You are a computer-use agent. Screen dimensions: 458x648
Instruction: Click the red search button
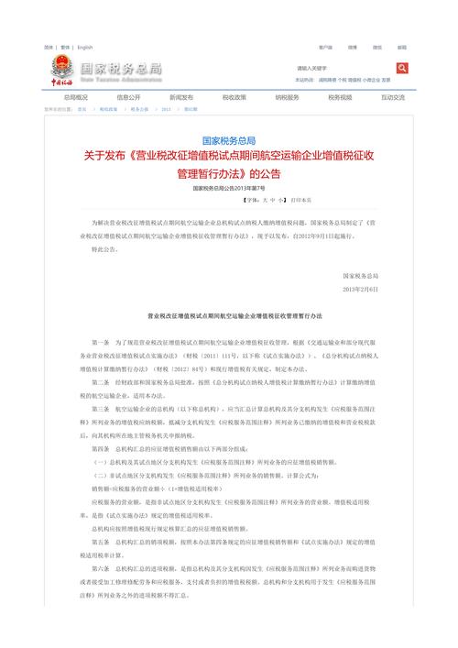(x=402, y=68)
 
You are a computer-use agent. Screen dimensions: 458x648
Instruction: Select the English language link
(x=85, y=47)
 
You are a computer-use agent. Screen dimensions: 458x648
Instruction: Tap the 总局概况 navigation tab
(x=76, y=96)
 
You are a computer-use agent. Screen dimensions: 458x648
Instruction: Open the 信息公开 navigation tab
(x=128, y=96)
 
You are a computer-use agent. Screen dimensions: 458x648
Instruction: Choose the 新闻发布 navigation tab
(x=181, y=96)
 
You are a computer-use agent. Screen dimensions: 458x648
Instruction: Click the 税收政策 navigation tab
(x=234, y=96)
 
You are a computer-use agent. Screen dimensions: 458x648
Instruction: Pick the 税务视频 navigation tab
(x=340, y=96)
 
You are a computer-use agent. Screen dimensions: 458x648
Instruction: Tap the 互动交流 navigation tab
(x=393, y=96)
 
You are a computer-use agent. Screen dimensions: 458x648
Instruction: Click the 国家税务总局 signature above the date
(x=361, y=275)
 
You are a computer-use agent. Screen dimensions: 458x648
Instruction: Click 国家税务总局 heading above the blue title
(x=228, y=138)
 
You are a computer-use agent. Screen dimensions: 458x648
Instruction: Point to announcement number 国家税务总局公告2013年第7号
(x=228, y=188)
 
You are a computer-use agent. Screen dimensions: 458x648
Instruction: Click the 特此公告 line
(x=105, y=248)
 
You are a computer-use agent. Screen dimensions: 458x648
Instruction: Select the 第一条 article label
(x=101, y=340)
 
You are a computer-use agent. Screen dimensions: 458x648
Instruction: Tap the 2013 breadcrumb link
(x=166, y=108)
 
